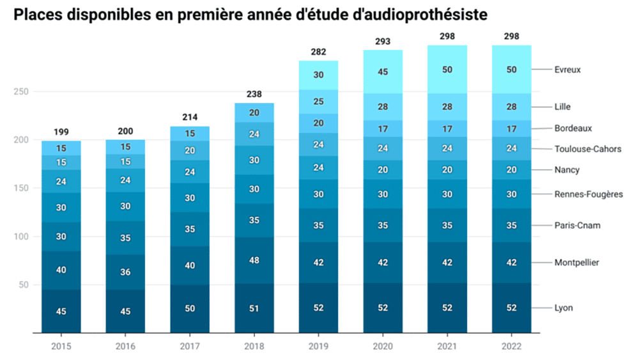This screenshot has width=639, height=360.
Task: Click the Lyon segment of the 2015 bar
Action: (x=61, y=311)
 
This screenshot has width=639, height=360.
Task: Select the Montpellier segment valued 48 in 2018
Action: (x=254, y=261)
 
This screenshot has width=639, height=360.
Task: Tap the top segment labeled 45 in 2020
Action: (x=383, y=72)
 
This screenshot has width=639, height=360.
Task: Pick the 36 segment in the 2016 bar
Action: (x=125, y=272)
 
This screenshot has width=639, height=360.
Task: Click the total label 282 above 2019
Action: (x=318, y=52)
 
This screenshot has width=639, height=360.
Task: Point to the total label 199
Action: (x=61, y=132)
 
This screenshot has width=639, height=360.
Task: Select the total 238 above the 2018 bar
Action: (x=254, y=95)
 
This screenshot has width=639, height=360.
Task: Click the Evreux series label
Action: (x=567, y=70)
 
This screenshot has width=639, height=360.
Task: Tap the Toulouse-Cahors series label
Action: (x=588, y=150)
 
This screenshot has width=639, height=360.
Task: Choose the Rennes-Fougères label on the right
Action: (x=589, y=194)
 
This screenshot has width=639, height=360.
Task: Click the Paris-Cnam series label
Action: (x=577, y=225)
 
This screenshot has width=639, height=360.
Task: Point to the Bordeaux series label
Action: (x=573, y=129)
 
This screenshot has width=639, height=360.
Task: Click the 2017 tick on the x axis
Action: (x=190, y=346)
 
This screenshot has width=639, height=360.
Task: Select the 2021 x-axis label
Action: (x=447, y=346)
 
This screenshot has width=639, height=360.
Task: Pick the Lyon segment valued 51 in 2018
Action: (x=254, y=308)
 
